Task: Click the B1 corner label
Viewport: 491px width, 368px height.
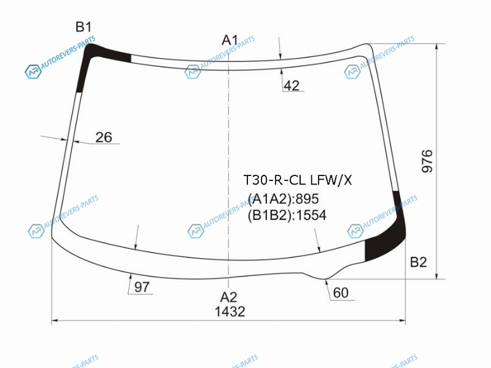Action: [x=83, y=27]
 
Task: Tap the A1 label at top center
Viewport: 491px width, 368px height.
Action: [x=230, y=40]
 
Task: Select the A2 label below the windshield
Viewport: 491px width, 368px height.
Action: [x=228, y=297]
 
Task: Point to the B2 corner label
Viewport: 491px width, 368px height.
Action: [x=419, y=263]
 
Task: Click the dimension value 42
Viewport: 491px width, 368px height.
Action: [x=292, y=85]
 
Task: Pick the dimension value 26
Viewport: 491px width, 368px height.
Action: [x=104, y=137]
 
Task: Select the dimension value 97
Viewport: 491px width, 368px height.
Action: [x=142, y=287]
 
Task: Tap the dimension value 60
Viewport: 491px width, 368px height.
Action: [x=341, y=293]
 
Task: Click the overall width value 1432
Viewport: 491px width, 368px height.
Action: [x=230, y=312]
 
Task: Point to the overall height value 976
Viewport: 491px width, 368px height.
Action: [x=427, y=161]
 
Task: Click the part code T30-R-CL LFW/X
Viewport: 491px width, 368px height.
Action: [x=298, y=180]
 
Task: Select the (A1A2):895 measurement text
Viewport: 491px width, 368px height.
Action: [x=284, y=199]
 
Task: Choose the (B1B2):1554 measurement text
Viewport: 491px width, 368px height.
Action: [x=287, y=215]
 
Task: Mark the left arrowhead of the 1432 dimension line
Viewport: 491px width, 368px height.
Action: [x=54, y=320]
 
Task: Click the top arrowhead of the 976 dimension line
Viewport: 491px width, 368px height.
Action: [x=436, y=46]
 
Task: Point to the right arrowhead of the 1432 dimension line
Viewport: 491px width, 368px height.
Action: [x=403, y=320]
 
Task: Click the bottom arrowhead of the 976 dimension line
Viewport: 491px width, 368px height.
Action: [x=436, y=277]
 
